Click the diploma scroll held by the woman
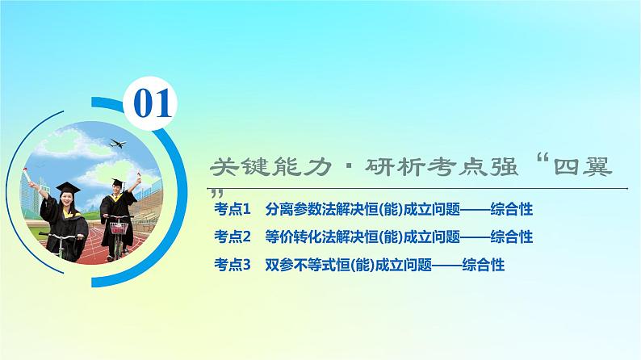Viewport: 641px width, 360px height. tap(30, 173)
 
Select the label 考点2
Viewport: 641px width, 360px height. tap(233, 237)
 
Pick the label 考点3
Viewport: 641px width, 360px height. tap(233, 263)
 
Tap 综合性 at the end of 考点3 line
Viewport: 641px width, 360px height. tap(484, 263)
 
